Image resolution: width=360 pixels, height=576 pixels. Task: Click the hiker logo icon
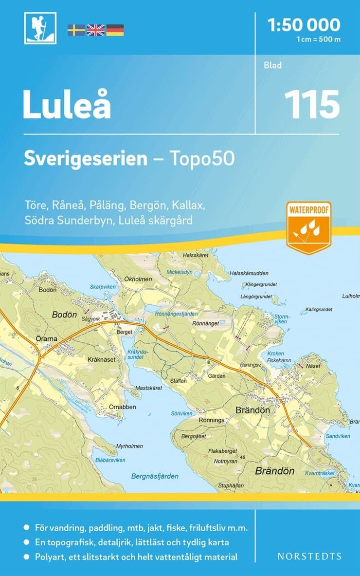point(40,28)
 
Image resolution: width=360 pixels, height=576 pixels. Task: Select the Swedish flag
point(76,30)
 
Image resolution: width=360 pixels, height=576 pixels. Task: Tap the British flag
point(95,30)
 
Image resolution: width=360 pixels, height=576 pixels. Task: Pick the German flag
point(115,30)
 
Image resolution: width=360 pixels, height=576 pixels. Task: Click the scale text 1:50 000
point(304,24)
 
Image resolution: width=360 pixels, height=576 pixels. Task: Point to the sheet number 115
point(312,104)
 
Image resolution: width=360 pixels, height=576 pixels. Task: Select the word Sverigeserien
point(86,159)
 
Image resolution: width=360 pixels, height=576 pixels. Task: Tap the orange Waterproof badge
point(308,227)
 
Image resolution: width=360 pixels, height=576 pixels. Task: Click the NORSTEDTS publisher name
point(309,556)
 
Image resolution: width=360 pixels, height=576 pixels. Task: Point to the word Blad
point(272,65)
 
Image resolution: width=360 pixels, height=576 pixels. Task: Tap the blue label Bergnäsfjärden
point(155,476)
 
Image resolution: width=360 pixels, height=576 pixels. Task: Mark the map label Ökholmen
point(138,279)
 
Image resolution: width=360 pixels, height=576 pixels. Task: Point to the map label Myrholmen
point(129,446)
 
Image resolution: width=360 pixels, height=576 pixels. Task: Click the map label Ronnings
point(212,420)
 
